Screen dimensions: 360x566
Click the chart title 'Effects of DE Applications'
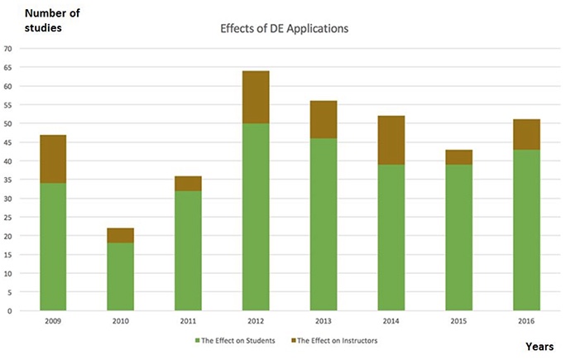(x=283, y=28)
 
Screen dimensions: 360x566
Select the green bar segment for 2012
(x=255, y=218)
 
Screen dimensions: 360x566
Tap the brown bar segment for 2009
(x=53, y=159)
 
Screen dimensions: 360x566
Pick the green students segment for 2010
(x=120, y=277)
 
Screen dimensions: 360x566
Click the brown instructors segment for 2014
(x=391, y=140)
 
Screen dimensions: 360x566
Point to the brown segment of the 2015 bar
(x=458, y=157)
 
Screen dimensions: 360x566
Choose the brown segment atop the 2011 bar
(x=188, y=184)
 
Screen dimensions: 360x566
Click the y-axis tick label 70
(x=8, y=49)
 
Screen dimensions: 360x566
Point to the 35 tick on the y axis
(x=8, y=180)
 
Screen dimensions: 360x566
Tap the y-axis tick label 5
(x=10, y=292)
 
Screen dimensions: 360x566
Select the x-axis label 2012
(x=255, y=319)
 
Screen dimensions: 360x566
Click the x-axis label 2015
(x=458, y=319)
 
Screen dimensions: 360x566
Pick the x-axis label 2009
(x=53, y=319)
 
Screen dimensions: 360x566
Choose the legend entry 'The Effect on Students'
(x=235, y=340)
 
